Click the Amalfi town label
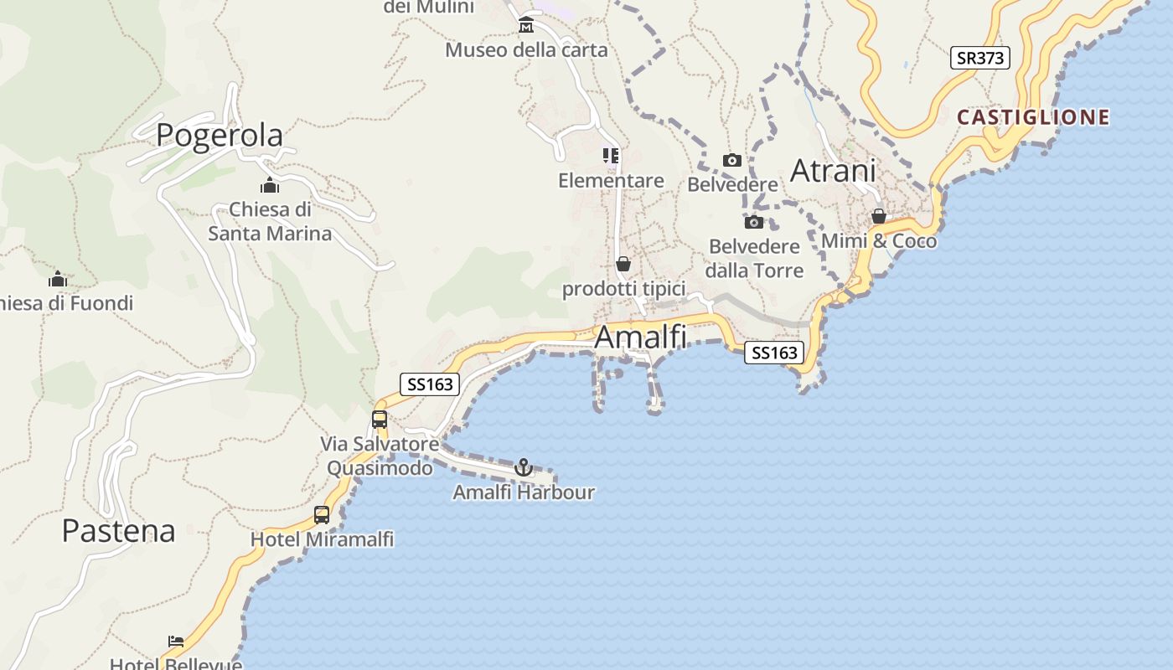(640, 337)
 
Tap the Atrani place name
(833, 171)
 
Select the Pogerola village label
(220, 135)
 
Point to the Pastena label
(119, 530)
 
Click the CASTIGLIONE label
(1033, 117)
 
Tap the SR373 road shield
(980, 58)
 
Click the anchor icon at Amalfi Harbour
(524, 467)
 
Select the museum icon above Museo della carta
(526, 25)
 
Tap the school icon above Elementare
(611, 156)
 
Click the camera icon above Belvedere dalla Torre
(754, 222)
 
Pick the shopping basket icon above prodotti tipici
(623, 265)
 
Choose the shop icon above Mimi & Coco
(879, 217)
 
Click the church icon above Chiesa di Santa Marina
(270, 185)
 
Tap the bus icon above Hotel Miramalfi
(322, 515)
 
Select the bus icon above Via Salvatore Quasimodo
(380, 420)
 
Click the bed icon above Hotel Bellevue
(176, 642)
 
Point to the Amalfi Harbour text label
(524, 492)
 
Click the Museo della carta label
(526, 50)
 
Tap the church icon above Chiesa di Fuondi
(58, 279)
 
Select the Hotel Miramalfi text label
(322, 539)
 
